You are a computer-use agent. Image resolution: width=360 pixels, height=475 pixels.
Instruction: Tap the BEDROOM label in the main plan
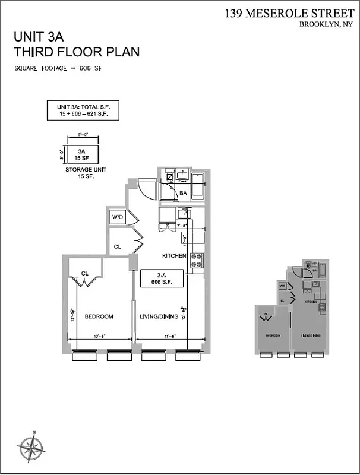(x=99, y=316)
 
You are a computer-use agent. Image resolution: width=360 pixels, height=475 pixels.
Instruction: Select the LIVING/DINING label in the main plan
(x=159, y=316)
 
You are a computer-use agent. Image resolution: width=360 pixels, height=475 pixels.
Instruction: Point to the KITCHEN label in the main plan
(x=175, y=256)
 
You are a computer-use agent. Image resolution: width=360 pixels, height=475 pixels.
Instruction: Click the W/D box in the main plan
(x=118, y=218)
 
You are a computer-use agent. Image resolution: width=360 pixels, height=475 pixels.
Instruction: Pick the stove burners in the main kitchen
(x=197, y=259)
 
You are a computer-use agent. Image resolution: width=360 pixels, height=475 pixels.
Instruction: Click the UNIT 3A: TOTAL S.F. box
(x=79, y=111)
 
